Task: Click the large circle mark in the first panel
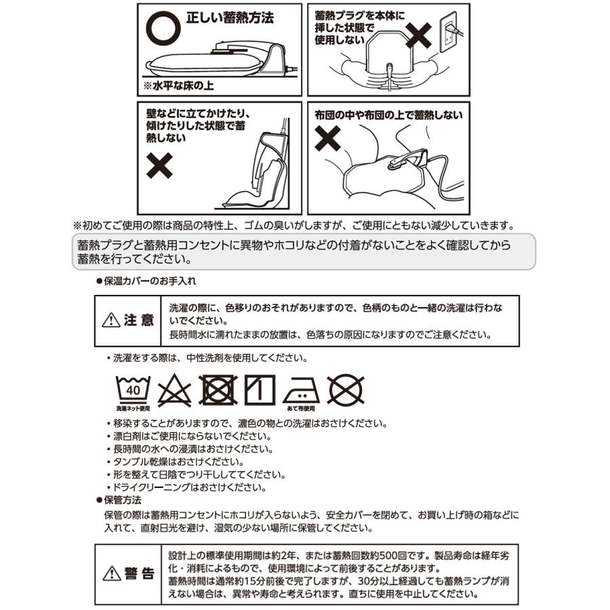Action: click(x=163, y=25)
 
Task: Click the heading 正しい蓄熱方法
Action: click(x=230, y=18)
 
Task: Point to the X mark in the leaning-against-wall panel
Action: click(x=159, y=165)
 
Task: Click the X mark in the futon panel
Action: click(x=329, y=139)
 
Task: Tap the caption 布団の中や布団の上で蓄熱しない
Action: click(x=388, y=115)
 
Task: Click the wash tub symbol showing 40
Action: click(x=133, y=389)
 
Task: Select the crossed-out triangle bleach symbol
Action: click(x=175, y=390)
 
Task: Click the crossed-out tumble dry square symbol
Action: click(x=218, y=390)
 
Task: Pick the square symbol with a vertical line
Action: click(x=260, y=390)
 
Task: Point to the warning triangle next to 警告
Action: click(x=111, y=574)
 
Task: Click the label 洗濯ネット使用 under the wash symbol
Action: click(x=133, y=409)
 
